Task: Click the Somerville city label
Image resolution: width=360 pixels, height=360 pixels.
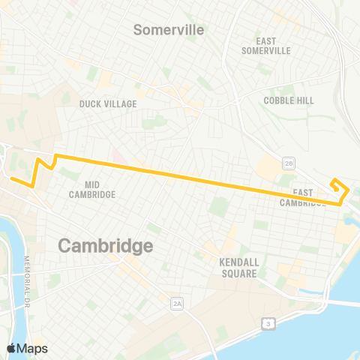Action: tap(169, 29)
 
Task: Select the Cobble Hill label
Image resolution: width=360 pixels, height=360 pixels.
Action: tap(289, 100)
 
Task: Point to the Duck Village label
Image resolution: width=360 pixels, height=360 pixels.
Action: tap(108, 104)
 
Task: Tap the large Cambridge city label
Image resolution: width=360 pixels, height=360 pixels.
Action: tap(106, 245)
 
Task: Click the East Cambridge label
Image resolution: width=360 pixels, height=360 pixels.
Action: tap(302, 197)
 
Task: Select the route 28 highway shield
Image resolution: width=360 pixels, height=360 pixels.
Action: tap(288, 163)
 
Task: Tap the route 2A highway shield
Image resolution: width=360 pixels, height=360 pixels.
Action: tap(177, 303)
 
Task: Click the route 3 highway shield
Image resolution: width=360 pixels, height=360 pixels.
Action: tap(268, 323)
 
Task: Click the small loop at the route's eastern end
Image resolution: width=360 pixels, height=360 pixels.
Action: tap(340, 186)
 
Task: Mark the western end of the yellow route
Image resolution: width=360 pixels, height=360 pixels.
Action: tap(10, 177)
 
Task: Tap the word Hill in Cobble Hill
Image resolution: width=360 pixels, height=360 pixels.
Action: tap(307, 100)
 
